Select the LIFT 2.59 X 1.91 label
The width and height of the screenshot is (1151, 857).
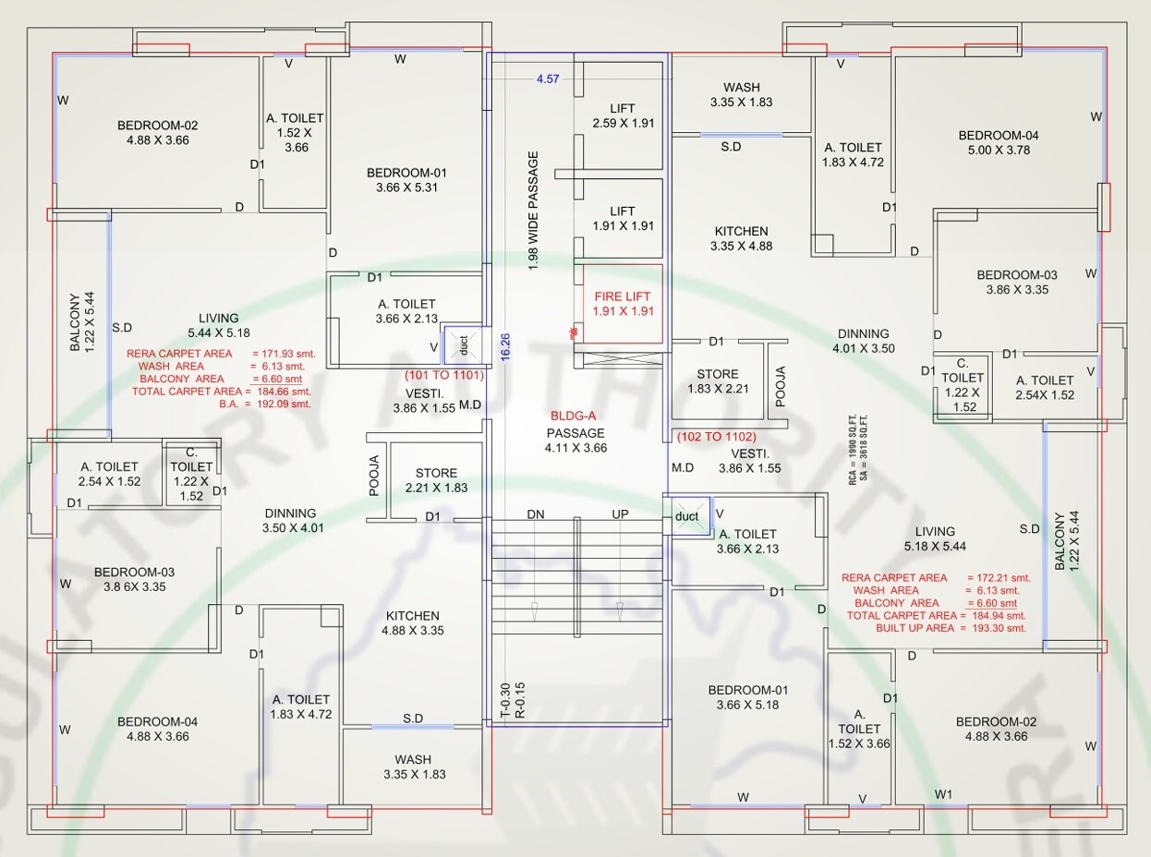point(624,115)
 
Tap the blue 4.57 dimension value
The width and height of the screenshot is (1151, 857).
point(548,78)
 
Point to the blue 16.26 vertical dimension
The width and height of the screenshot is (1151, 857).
point(505,346)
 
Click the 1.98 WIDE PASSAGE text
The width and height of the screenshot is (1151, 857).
point(533,211)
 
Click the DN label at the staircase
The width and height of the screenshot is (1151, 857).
point(536,514)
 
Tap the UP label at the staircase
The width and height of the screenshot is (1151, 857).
point(620,514)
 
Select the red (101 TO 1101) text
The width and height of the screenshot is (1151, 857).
point(444,375)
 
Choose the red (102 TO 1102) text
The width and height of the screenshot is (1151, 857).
point(717,437)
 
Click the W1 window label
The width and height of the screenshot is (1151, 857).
point(943,794)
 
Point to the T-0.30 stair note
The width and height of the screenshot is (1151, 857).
point(505,700)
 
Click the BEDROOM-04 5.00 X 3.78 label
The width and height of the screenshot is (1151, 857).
point(999,142)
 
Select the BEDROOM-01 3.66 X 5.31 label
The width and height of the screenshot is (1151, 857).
point(406,180)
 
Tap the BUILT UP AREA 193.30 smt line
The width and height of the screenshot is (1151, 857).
point(951,628)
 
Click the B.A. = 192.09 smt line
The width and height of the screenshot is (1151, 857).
point(265,404)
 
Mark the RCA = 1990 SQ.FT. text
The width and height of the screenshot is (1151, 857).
point(853,450)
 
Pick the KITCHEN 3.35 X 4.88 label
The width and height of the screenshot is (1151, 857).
point(742,238)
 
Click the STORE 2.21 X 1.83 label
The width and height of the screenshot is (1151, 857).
point(436,480)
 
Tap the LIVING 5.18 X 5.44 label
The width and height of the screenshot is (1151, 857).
point(935,538)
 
